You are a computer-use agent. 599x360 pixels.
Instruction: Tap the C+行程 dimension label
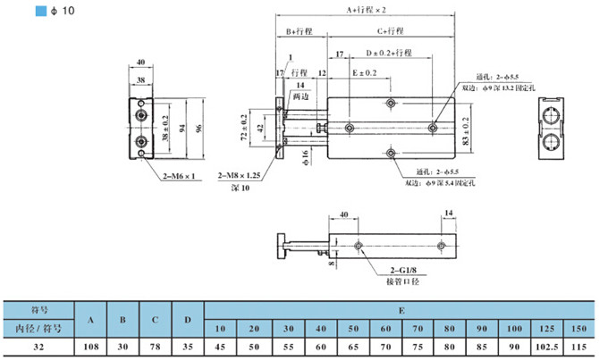389,31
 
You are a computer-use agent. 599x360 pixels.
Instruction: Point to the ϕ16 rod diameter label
305,159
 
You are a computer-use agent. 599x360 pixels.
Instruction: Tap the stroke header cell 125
543,328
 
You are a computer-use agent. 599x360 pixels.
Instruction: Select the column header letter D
187,319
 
